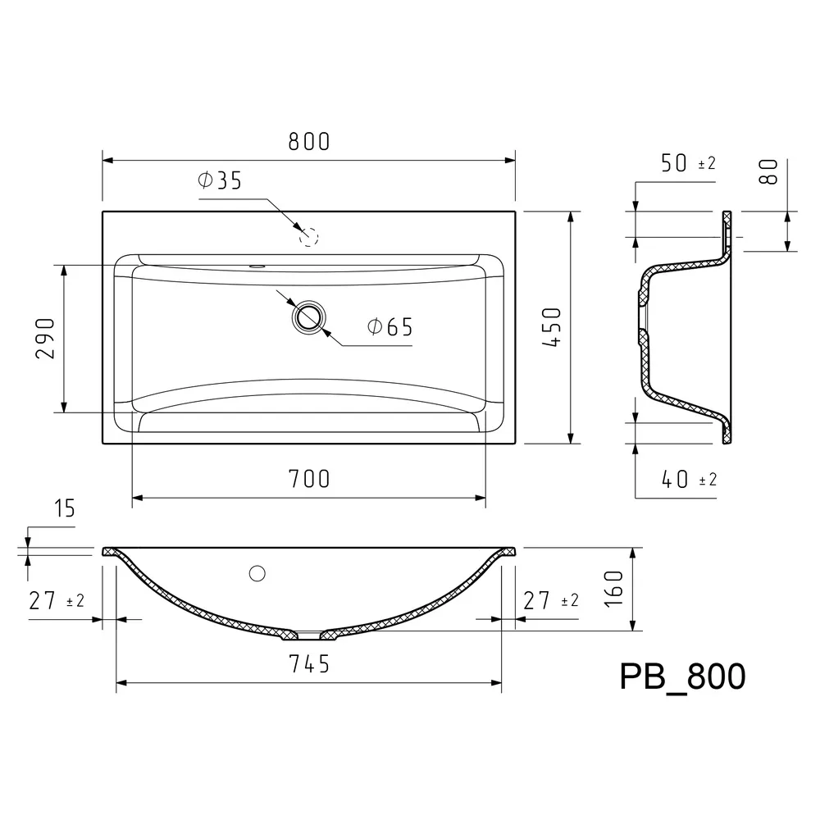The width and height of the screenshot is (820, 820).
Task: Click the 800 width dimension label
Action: [309, 142]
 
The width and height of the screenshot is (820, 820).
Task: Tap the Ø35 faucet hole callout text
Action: [220, 180]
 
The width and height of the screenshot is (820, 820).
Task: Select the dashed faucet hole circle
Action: [308, 237]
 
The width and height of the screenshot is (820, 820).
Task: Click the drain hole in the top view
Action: [308, 317]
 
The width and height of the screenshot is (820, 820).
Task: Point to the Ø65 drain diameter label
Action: [390, 327]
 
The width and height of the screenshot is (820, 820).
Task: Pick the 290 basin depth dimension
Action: [45, 339]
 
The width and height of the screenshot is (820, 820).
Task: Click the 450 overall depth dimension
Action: [552, 327]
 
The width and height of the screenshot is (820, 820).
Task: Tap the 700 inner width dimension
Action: [309, 479]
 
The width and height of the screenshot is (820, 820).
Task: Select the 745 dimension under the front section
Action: [309, 664]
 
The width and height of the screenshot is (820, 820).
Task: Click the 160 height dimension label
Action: [613, 589]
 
